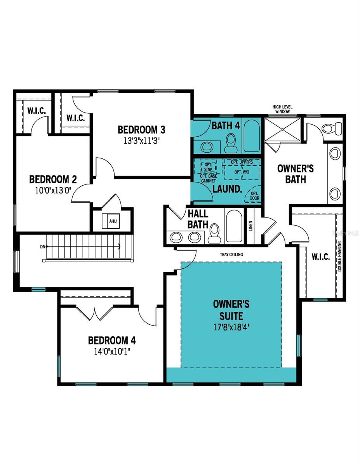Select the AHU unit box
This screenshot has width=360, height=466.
(x=113, y=221)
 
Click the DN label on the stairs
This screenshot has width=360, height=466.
(x=42, y=246)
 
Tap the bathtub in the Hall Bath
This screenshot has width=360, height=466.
(x=234, y=226)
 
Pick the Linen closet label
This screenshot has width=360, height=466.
(x=251, y=226)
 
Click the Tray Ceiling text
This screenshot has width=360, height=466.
(x=231, y=255)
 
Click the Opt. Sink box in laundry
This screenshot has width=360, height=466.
(x=208, y=167)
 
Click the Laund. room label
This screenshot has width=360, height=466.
(x=227, y=190)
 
